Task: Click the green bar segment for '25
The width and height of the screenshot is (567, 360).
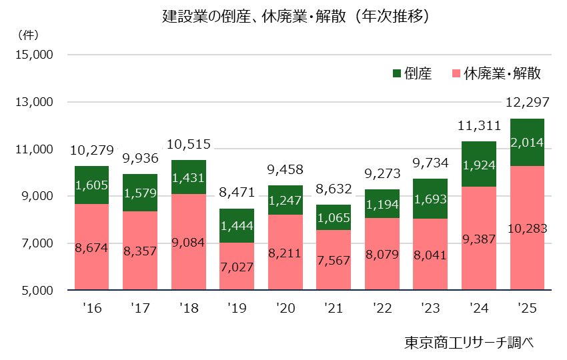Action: [527, 142]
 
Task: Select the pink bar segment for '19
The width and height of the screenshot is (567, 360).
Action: [237, 266]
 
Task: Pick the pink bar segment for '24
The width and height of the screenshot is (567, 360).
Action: [478, 238]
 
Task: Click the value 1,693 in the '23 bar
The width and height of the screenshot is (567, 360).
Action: [430, 198]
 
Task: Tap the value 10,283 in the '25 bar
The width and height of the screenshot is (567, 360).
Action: [527, 229]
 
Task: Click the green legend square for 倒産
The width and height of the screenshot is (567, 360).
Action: [397, 73]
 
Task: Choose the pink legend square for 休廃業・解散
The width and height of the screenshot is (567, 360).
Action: [456, 73]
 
